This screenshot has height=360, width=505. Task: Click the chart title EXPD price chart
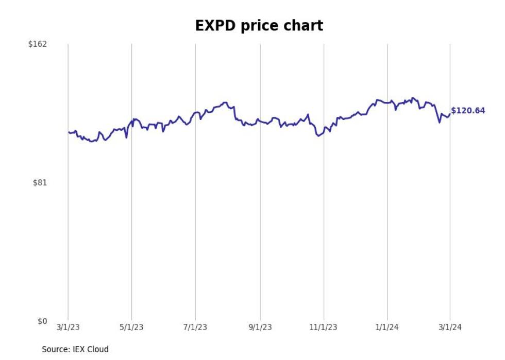[259, 26]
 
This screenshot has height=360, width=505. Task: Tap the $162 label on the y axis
[37, 44]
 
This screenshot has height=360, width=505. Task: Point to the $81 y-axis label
[39, 182]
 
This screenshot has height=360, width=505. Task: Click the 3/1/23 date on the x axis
[68, 328]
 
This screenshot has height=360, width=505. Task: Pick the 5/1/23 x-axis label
[132, 328]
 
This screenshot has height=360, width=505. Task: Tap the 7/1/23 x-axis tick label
[195, 328]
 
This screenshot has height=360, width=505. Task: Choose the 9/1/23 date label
[260, 328]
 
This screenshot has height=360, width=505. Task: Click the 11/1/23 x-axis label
[324, 328]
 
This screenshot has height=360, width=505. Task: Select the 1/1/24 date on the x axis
[388, 328]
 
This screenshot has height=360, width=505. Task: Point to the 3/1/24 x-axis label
[450, 328]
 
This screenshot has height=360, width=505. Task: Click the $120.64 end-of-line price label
[468, 111]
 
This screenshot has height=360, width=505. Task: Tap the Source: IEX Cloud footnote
[75, 349]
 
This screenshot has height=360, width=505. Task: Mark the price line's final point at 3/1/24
[450, 114]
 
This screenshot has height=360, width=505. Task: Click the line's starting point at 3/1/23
[68, 132]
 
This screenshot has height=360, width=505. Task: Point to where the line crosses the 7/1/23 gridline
[195, 112]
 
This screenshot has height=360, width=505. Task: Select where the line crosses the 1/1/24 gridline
[388, 101]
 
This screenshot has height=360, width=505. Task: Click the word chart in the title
[305, 26]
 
